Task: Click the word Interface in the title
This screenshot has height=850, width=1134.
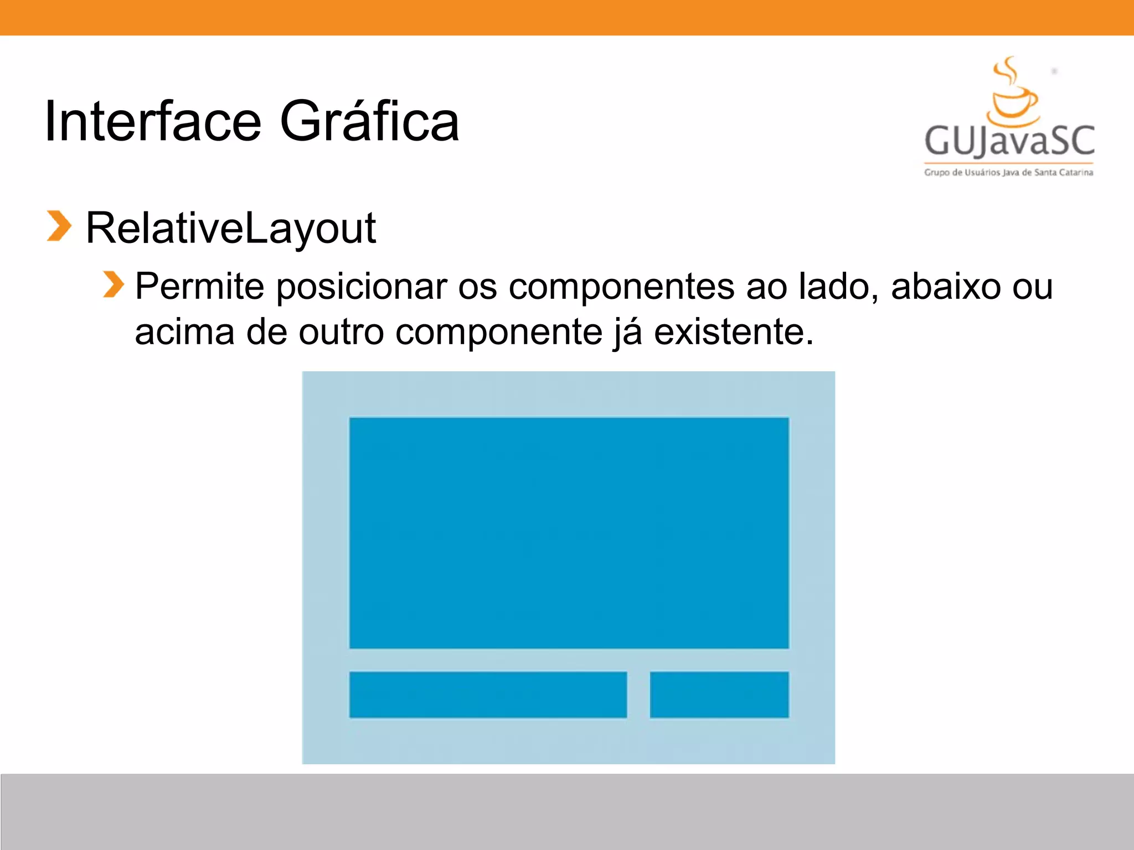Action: (152, 122)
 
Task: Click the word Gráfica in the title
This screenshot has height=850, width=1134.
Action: (369, 122)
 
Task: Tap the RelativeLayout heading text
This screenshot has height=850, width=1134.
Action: (231, 228)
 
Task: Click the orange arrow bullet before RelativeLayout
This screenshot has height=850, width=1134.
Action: (59, 226)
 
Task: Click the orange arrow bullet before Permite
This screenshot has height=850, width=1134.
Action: (114, 284)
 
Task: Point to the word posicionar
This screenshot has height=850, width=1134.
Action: (361, 288)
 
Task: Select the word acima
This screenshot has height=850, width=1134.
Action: (184, 332)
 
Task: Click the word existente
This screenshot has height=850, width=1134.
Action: (734, 332)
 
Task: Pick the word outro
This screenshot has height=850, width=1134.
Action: (341, 333)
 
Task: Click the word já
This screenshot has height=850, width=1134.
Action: (628, 333)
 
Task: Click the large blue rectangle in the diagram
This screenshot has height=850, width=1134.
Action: (569, 532)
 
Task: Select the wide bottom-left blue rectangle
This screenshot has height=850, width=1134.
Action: (488, 694)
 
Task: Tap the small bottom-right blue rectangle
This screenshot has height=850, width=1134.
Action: (719, 694)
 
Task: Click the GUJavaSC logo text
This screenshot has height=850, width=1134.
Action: (1009, 141)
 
